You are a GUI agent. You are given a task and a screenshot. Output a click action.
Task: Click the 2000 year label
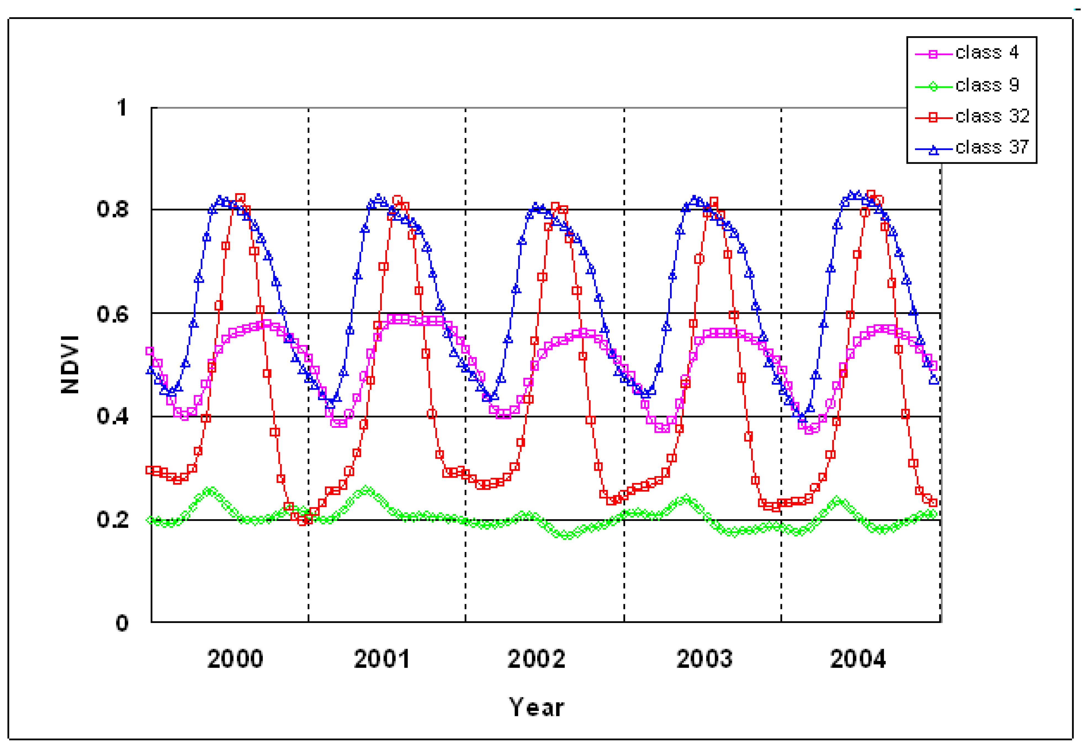[235, 659]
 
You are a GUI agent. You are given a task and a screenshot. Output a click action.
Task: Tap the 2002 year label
[536, 659]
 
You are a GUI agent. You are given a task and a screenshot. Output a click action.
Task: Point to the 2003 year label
[704, 659]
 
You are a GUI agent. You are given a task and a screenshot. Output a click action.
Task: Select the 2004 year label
[858, 659]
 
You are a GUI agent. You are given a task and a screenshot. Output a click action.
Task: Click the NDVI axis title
[70, 365]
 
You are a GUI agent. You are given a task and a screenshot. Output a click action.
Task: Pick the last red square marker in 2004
[933, 503]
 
